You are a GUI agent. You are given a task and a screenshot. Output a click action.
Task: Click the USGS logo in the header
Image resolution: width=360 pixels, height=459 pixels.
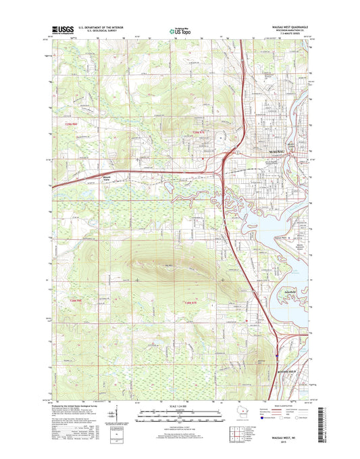[x=62, y=30]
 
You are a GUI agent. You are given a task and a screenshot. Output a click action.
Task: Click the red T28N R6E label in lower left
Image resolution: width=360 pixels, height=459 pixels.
[x=74, y=300]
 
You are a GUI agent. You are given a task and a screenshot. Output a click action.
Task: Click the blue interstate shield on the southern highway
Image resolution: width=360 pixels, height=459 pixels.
[x=278, y=352]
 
